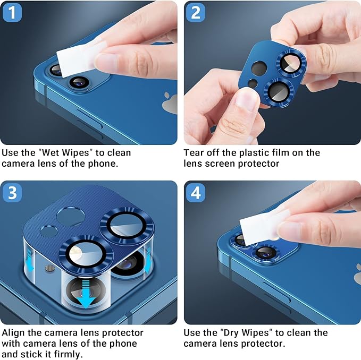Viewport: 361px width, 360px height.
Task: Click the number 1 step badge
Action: pyautogui.click(x=12, y=12)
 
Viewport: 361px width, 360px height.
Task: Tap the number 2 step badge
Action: pyautogui.click(x=196, y=12)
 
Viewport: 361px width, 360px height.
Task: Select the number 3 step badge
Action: pyautogui.click(x=12, y=192)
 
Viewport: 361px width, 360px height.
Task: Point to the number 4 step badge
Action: pyautogui.click(x=196, y=192)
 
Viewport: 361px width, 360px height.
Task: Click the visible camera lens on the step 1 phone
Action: pyautogui.click(x=79, y=82)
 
